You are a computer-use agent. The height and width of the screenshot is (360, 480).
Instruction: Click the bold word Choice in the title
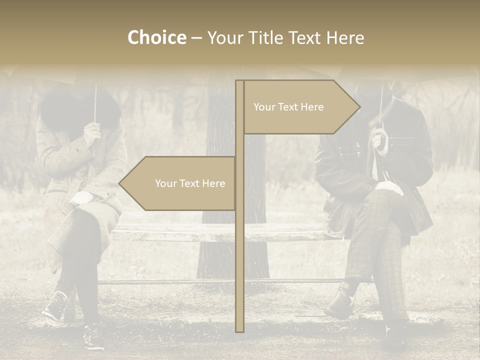click(x=156, y=37)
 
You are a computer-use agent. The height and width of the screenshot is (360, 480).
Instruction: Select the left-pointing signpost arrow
click(x=177, y=183)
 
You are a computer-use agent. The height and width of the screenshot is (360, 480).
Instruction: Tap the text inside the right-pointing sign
click(x=288, y=107)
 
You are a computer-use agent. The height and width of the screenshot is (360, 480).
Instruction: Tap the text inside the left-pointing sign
click(x=190, y=183)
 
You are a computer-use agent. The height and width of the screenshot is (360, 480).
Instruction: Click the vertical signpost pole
click(x=239, y=250)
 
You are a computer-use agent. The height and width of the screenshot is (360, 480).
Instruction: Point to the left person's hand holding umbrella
click(x=92, y=132)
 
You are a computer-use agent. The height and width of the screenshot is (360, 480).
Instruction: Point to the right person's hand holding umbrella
click(x=379, y=139)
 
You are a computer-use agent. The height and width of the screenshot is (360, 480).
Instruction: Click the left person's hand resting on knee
click(x=81, y=198)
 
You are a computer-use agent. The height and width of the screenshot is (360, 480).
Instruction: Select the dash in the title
click(x=196, y=38)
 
